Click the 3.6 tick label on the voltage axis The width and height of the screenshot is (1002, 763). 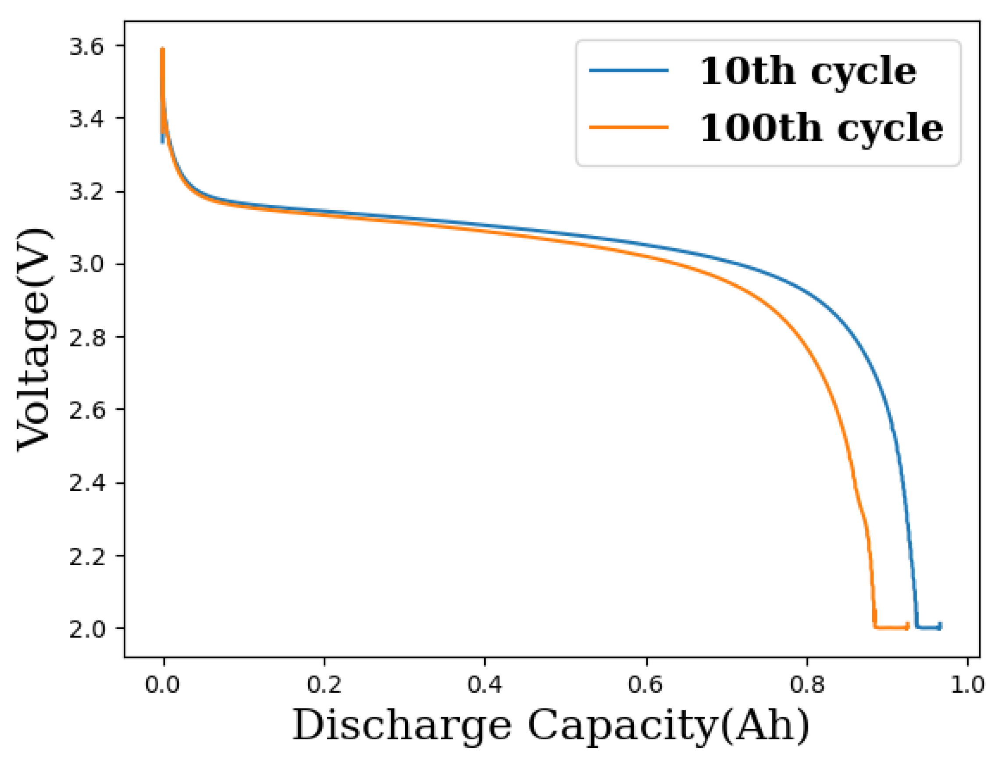(86, 47)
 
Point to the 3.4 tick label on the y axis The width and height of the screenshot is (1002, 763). (86, 119)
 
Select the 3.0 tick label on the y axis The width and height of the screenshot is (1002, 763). (86, 265)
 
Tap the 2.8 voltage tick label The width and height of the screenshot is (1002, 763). (86, 338)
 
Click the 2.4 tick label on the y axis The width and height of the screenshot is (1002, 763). (86, 484)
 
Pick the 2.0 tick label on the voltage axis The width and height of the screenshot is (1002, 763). (86, 630)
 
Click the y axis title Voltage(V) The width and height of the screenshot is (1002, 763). (34, 339)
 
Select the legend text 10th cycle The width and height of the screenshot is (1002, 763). (808, 72)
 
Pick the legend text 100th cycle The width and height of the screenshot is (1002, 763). (821, 128)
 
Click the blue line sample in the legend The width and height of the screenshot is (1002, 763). (629, 71)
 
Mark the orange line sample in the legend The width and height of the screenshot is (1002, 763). (629, 128)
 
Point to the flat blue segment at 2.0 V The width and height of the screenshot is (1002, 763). (929, 628)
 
